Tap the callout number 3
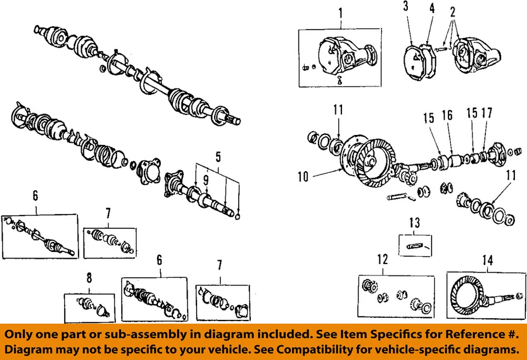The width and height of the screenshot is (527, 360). tap(405, 7)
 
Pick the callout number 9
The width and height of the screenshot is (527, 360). tap(206, 179)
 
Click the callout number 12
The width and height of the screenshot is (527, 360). tap(383, 259)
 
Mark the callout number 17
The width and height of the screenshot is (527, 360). tap(486, 114)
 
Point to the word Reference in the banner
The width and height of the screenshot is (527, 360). tap(444, 334)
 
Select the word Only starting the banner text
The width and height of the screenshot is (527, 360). tap(22, 334)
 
